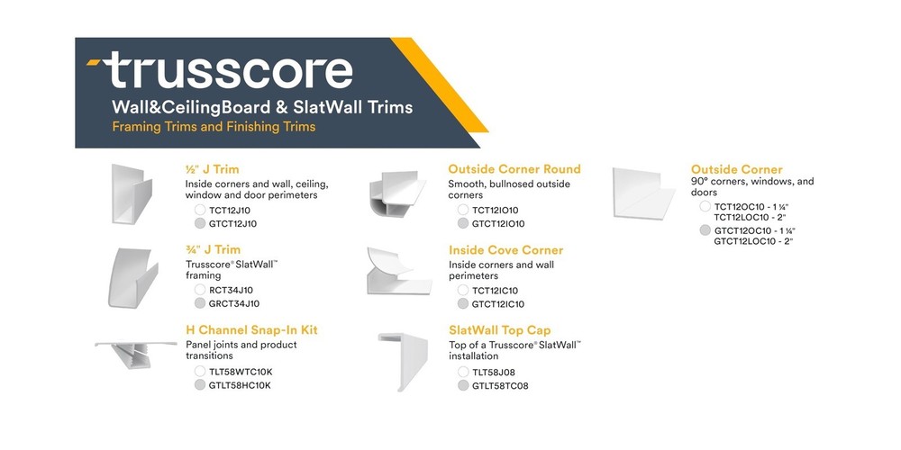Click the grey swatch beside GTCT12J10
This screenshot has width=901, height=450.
click(x=200, y=223)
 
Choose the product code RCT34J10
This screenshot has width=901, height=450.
click(x=231, y=290)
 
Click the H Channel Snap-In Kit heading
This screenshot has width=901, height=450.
click(x=251, y=330)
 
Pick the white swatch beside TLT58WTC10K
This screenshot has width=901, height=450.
click(x=200, y=371)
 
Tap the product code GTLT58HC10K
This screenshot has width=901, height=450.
click(x=240, y=385)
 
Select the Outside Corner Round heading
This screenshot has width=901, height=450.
click(x=514, y=168)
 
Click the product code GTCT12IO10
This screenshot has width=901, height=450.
click(x=498, y=224)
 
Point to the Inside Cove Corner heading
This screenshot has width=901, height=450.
click(x=505, y=249)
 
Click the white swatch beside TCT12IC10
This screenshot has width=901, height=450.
click(x=463, y=291)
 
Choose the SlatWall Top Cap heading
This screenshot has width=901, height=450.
click(x=500, y=330)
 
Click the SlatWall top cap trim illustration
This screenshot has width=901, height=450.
click(x=403, y=361)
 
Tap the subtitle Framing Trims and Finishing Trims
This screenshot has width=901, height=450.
click(x=214, y=127)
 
